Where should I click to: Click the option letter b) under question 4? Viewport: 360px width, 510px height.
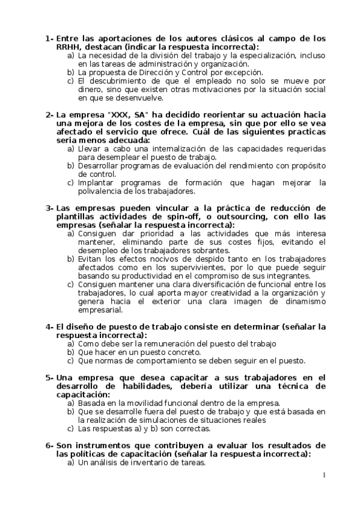tap(71, 352)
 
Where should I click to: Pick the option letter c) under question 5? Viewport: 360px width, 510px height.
tap(71, 429)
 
